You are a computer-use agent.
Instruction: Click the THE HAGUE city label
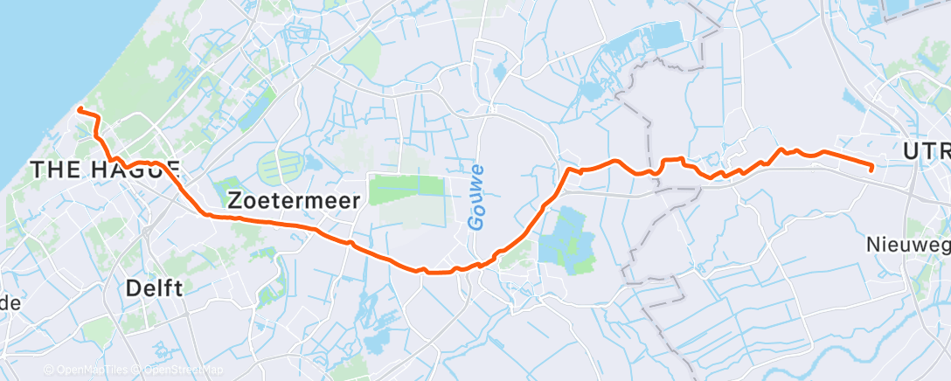point(105,170)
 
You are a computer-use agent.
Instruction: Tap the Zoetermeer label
point(293,200)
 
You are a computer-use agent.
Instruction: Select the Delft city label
point(154,287)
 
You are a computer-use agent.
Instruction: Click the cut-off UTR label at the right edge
point(927,152)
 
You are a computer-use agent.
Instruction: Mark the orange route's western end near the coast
point(80,109)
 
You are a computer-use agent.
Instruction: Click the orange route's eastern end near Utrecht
point(872,167)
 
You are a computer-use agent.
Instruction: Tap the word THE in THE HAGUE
point(53,170)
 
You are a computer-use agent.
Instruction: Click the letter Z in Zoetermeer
point(234,200)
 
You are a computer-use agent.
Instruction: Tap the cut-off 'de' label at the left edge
point(10,303)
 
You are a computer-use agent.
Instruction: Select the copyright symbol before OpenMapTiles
point(49,370)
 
